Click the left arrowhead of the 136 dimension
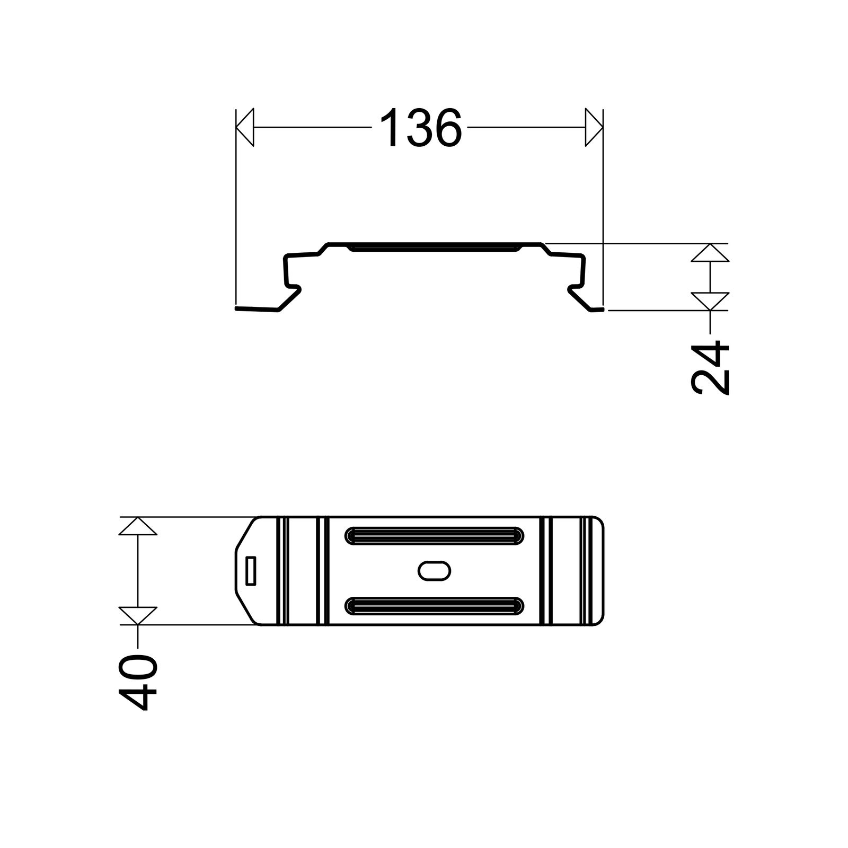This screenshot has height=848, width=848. (245, 128)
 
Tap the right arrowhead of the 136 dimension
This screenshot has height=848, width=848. (594, 128)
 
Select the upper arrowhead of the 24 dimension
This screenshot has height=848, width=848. (710, 253)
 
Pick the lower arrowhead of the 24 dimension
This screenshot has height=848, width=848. (710, 301)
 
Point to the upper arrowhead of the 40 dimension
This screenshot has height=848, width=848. (138, 526)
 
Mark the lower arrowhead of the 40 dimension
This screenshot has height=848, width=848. (138, 615)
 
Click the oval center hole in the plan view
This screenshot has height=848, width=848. (434, 571)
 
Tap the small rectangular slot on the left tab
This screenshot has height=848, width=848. (251, 571)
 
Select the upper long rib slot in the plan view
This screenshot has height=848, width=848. (434, 535)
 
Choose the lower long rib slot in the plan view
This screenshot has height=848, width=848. (434, 606)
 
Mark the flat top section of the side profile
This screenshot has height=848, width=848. (434, 244)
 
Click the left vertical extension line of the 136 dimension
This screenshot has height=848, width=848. (235, 212)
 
